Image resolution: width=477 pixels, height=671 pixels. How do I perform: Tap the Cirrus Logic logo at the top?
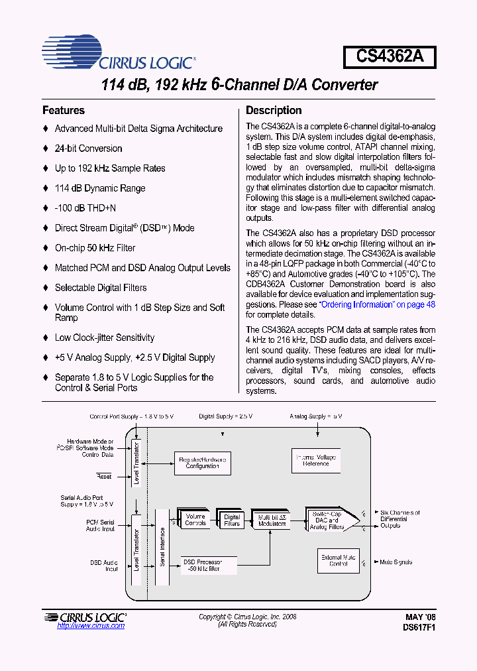click(x=118, y=54)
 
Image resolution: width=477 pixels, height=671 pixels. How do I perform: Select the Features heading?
click(x=64, y=111)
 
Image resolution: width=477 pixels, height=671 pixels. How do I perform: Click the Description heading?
click(x=274, y=111)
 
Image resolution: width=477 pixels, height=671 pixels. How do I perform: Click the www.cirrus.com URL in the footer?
click(x=91, y=626)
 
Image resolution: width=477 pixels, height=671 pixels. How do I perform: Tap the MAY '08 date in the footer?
click(x=420, y=617)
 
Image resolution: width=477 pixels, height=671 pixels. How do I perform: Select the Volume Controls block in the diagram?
click(x=195, y=520)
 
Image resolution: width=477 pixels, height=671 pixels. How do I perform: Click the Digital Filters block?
click(x=232, y=520)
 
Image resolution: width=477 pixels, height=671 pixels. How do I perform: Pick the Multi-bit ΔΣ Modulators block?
click(x=272, y=520)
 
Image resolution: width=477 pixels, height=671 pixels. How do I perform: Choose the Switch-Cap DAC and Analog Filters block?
click(x=327, y=520)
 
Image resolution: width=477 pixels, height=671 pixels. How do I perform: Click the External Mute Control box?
click(x=338, y=560)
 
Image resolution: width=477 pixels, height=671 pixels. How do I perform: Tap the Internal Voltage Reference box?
click(x=315, y=460)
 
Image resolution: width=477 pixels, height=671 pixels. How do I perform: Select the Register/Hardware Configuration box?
click(x=202, y=463)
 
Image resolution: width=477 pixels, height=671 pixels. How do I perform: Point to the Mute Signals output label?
click(x=396, y=562)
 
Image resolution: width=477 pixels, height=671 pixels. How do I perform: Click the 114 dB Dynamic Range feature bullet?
click(x=99, y=188)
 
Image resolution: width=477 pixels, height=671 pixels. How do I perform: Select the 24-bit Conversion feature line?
click(x=88, y=149)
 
